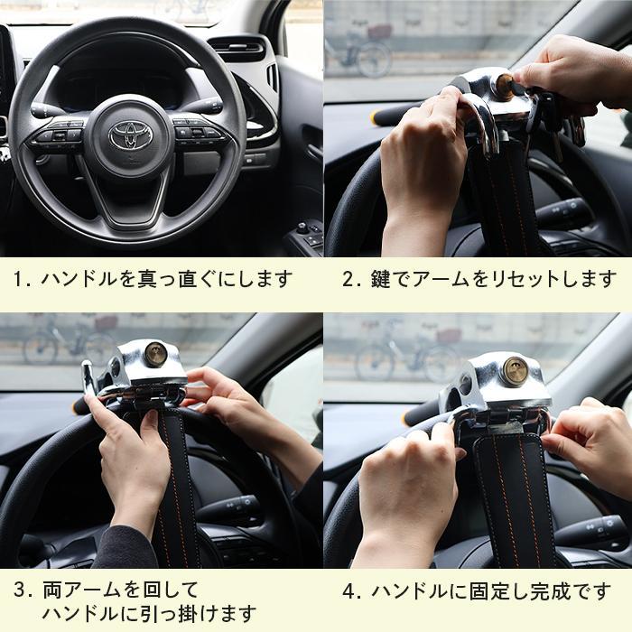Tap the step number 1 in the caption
pyautogui.click(x=19, y=278)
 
